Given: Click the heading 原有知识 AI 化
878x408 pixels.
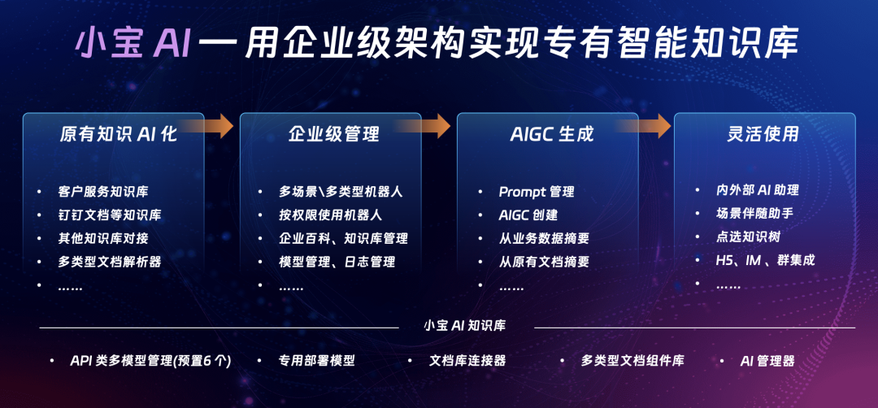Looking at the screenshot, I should pos(118,134).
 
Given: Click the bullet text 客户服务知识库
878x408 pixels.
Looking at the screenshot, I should pos(103,192).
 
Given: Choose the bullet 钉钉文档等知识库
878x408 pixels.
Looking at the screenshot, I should pos(110,215).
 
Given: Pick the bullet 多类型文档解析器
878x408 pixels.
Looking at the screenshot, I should pos(110,262).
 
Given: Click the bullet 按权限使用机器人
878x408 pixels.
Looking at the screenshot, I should pos(331,215).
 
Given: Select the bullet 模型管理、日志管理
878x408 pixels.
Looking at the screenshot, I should pos(337,262).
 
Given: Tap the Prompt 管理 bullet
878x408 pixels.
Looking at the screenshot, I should pos(537,192).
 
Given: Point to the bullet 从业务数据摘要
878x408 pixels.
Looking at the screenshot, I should pos(544,239).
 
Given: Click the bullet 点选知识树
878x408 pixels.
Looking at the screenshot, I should pos(749,237).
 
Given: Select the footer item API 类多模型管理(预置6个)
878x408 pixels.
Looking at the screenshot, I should pos(150,361).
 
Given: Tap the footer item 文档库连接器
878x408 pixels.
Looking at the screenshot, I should pos(467,361).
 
